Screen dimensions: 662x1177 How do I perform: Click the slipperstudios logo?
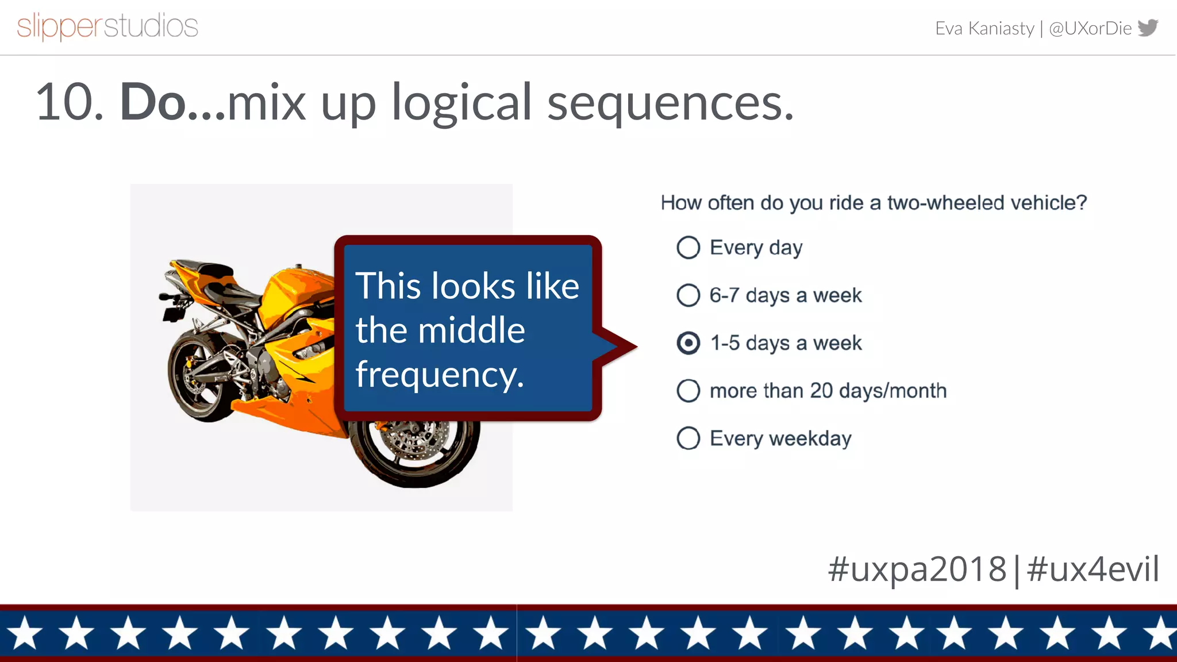pyautogui.click(x=107, y=26)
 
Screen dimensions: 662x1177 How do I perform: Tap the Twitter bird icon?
pyautogui.click(x=1148, y=28)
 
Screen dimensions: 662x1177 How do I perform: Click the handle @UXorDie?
pyautogui.click(x=1090, y=28)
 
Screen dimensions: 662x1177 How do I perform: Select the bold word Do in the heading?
pyautogui.click(x=152, y=102)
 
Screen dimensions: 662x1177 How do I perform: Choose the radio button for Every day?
pyautogui.click(x=688, y=248)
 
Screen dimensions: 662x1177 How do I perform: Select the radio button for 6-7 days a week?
pyautogui.click(x=688, y=295)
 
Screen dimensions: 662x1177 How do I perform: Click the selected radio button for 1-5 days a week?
pyautogui.click(x=688, y=343)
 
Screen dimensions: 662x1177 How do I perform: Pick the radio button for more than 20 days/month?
pyautogui.click(x=688, y=391)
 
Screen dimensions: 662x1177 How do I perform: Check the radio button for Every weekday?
pyautogui.click(x=688, y=438)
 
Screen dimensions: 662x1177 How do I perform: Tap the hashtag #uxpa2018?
pyautogui.click(x=917, y=569)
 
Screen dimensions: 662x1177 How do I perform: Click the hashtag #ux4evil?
pyautogui.click(x=1093, y=569)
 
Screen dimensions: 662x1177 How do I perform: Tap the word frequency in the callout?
pyautogui.click(x=440, y=375)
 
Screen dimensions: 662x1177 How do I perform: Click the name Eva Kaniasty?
pyautogui.click(x=984, y=28)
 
